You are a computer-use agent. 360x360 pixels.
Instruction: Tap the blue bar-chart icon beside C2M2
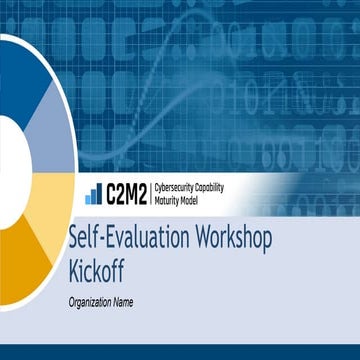[93, 194]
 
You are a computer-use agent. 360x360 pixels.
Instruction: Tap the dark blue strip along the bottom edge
[180, 352]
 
